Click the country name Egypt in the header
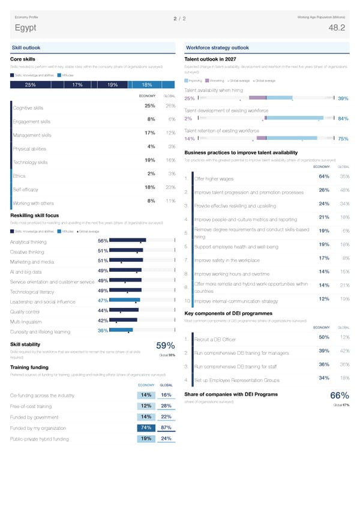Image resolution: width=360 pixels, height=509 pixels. coord(27,28)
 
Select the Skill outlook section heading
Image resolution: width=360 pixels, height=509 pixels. coord(25,47)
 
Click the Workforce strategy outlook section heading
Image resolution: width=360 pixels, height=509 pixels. coord(217,47)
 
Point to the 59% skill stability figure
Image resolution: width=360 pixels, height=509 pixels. coord(165,346)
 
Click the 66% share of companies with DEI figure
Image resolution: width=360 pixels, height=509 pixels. coord(340,396)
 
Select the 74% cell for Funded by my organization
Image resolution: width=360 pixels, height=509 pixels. coord(146,427)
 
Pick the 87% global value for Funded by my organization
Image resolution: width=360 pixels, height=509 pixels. coord(167,427)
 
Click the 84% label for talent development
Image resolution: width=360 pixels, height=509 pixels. coord(344,118)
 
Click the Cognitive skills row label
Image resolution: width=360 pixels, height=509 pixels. coord(28,108)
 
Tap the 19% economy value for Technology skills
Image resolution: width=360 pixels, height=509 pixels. coord(151,160)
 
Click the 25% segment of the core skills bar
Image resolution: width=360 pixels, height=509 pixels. coord(29,85)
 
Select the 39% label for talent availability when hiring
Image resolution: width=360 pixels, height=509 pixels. coord(344,98)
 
